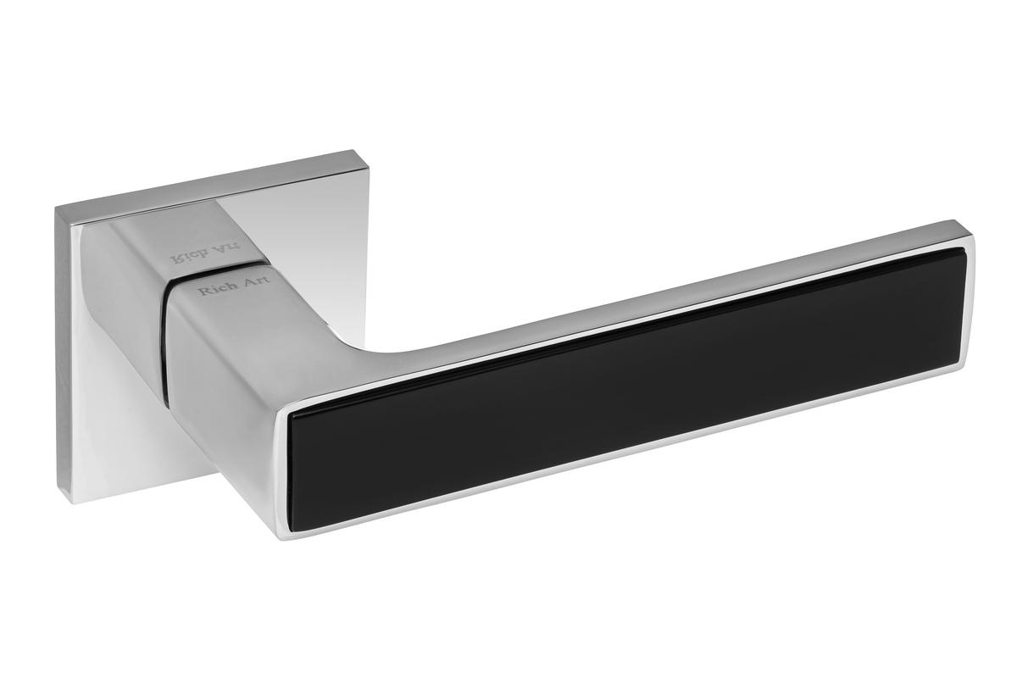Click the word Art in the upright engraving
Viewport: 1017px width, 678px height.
pyautogui.click(x=256, y=280)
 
